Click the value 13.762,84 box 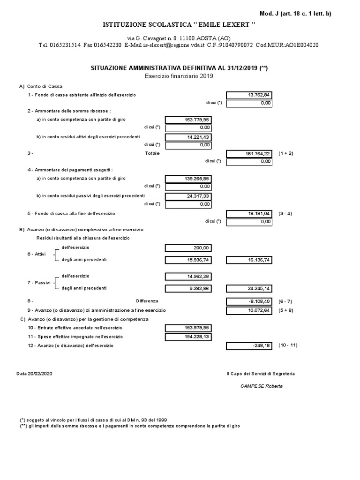[249, 95]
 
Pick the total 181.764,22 [249, 154]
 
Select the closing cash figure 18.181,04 [249, 214]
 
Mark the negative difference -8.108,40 [249, 301]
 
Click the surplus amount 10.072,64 [249, 310]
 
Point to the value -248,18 [249, 346]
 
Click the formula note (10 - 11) [287, 345]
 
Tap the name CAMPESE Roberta [261, 386]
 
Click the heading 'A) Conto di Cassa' [41, 86]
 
